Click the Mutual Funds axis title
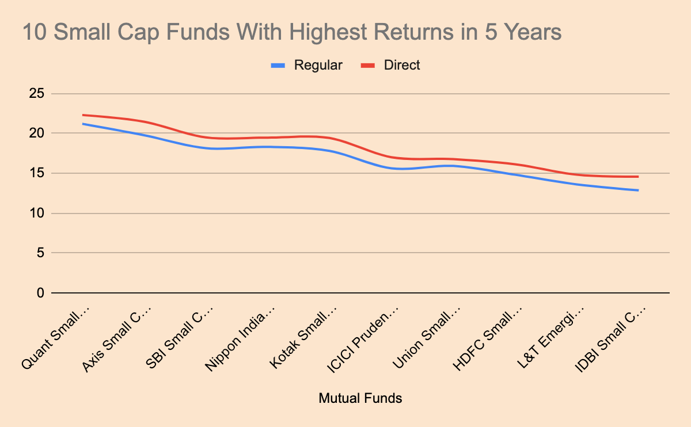(360, 398)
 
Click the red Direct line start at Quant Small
(83, 115)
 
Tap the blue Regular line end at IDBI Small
(638, 190)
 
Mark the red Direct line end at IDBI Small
(638, 177)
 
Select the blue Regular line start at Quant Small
(83, 124)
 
